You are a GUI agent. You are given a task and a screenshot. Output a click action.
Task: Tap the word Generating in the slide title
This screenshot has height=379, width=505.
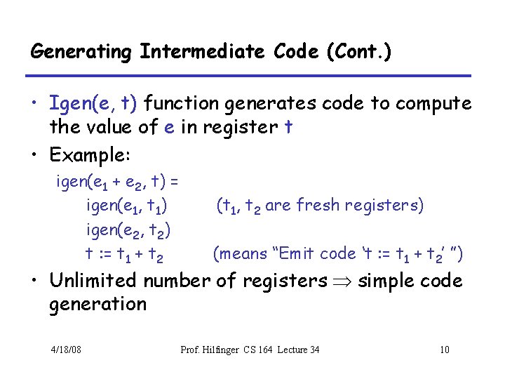point(81,52)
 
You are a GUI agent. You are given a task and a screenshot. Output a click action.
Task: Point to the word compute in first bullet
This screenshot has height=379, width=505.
point(433,104)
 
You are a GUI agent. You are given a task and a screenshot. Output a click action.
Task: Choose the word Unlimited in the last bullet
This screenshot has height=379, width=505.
point(93,281)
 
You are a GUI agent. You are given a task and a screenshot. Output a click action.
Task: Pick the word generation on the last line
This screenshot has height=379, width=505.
point(97,305)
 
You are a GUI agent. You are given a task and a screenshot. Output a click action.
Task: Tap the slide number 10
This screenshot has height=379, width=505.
point(444,350)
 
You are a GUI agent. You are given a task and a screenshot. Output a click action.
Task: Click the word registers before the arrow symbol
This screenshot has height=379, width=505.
point(286,281)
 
